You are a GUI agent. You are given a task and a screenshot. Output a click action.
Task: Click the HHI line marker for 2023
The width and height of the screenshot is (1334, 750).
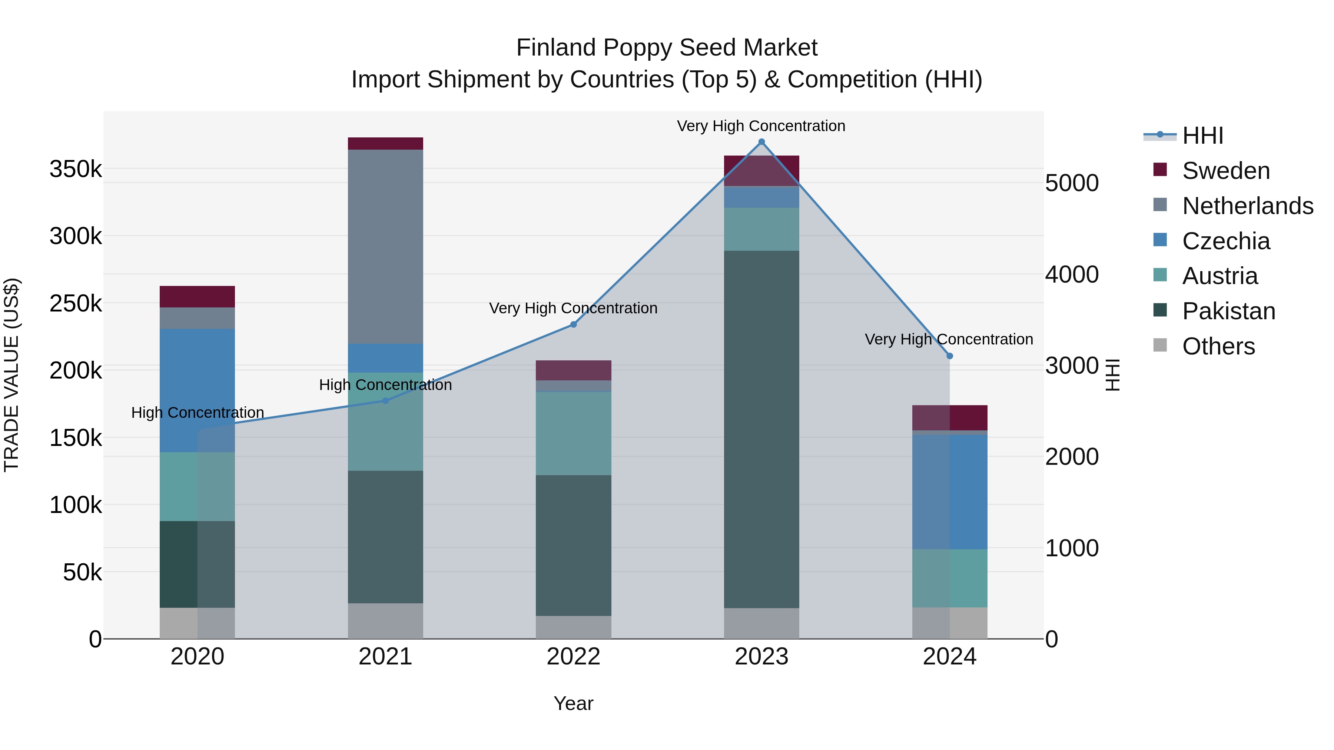pos(761,142)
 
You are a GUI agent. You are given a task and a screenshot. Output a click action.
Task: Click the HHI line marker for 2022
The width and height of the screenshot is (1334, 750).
pos(573,324)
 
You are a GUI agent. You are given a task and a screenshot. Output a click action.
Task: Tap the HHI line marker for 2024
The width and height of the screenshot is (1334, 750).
pos(949,356)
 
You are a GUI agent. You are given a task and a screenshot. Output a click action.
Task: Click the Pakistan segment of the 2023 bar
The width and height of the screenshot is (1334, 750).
pos(761,429)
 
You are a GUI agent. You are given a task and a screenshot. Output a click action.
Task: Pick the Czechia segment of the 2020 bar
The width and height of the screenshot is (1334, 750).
pos(197,390)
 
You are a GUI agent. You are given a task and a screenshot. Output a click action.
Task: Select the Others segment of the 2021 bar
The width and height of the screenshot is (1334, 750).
pos(385,621)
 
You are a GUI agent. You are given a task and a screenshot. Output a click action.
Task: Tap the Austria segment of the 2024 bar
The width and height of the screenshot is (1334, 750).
pos(949,578)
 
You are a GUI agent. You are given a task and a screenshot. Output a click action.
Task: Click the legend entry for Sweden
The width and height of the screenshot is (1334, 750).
pos(1225,171)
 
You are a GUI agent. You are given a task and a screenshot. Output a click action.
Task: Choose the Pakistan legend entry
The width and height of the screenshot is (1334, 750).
pos(1228,311)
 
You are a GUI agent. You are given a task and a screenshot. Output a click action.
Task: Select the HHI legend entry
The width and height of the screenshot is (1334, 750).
pos(1202,136)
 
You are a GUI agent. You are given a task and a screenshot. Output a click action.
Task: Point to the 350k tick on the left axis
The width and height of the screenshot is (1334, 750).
pos(76,169)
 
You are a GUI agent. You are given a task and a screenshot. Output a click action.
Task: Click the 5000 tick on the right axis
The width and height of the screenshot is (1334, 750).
pos(1071,183)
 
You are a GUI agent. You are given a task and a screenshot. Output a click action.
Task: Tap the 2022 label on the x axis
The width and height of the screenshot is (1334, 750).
pos(573,657)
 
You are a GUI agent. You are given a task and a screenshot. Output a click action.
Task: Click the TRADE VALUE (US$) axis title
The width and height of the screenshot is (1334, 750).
pos(11,375)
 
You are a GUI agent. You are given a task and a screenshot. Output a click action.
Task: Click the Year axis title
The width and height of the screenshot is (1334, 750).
pos(573,703)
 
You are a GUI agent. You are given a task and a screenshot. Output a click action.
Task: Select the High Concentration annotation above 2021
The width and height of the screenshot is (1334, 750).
pos(385,385)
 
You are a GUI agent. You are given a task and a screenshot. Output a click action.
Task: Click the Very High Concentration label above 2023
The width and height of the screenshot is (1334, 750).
pos(761,126)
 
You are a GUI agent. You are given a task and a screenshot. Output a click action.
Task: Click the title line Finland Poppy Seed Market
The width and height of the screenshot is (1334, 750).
pos(667,48)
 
